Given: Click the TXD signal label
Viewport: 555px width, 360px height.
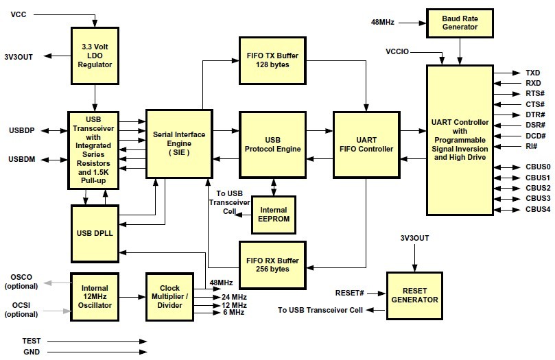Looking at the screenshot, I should coord(532,73).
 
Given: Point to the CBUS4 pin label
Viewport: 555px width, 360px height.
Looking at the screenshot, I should coord(538,209).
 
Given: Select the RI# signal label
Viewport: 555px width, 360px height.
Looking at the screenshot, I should coord(530,146).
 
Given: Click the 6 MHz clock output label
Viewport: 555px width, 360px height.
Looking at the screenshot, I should coord(233,313).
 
